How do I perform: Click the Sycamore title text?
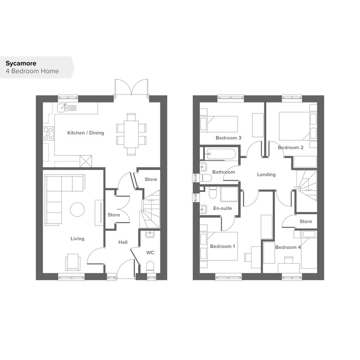(x=21, y=63)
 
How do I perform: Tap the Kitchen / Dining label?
(x=86, y=133)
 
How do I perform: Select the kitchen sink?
(x=63, y=108)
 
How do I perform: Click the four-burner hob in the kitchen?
(x=48, y=133)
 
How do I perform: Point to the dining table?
(x=131, y=134)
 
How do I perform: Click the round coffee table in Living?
(x=77, y=210)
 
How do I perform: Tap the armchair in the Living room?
(x=73, y=262)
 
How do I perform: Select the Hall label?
(x=123, y=242)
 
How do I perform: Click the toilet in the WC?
(x=150, y=267)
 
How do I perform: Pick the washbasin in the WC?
(x=150, y=234)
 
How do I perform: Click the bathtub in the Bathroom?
(x=220, y=154)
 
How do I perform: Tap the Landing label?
(x=266, y=174)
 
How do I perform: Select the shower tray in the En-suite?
(x=229, y=194)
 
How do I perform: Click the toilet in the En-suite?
(x=213, y=193)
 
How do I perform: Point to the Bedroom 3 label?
(x=229, y=138)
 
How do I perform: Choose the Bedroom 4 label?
(x=288, y=247)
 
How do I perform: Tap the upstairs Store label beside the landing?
(x=306, y=221)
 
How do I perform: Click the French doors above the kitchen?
(x=131, y=87)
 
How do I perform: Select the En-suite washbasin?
(x=203, y=209)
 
